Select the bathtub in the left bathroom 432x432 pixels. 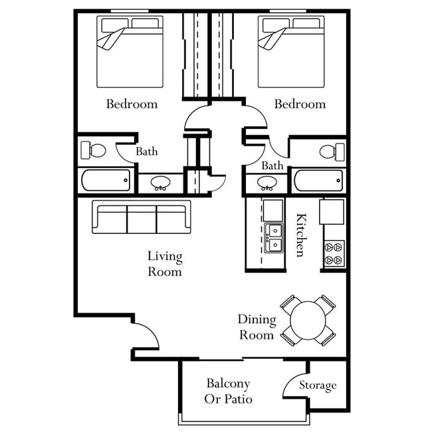[x=106, y=180]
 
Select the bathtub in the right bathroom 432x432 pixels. [x=319, y=180]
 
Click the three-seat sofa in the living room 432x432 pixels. [x=141, y=217]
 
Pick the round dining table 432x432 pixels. [x=308, y=320]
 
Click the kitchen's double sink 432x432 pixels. [x=272, y=239]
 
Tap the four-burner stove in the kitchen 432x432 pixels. [x=334, y=253]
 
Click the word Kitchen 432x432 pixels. [x=301, y=235]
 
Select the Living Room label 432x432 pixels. [x=165, y=264]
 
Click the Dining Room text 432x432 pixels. [x=256, y=327]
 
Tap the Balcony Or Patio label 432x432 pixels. [x=228, y=391]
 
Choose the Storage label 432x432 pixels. [x=317, y=385]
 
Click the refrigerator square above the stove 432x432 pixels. [x=332, y=211]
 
